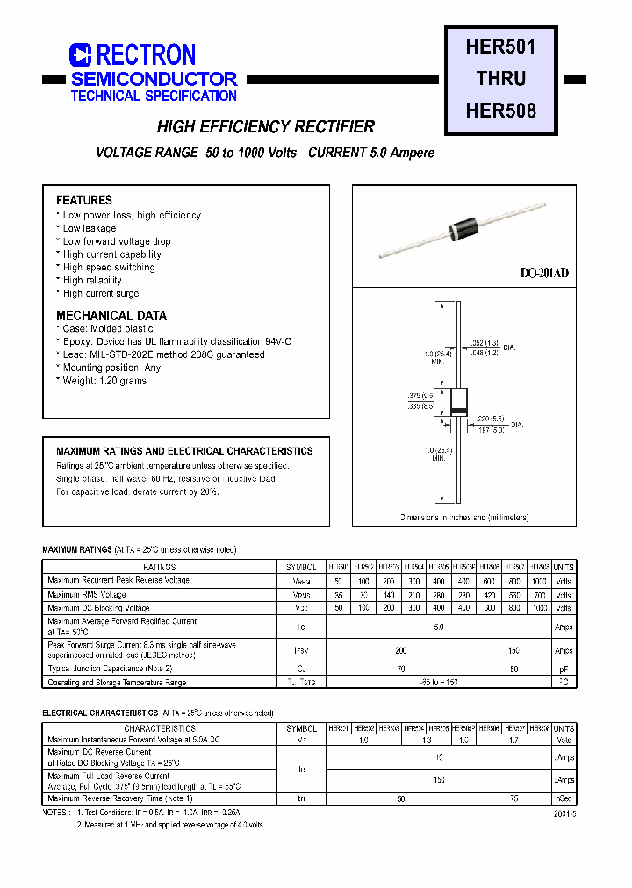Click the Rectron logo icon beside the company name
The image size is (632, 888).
(x=80, y=55)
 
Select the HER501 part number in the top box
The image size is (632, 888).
(x=500, y=47)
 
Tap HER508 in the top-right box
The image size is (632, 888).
(x=500, y=111)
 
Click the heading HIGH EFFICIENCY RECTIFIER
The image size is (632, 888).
(x=265, y=127)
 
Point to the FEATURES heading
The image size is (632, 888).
(x=84, y=200)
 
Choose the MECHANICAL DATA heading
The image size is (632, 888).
(x=111, y=315)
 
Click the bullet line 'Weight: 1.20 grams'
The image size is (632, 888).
(x=104, y=381)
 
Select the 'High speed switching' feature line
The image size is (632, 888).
(x=108, y=268)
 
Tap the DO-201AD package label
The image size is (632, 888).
(x=544, y=273)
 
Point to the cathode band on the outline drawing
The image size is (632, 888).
(x=458, y=412)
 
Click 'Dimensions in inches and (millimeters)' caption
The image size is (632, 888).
(x=464, y=518)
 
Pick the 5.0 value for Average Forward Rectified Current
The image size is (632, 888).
(x=438, y=627)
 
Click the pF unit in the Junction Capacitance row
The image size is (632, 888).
(x=564, y=669)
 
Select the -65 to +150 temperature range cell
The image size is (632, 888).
(x=438, y=682)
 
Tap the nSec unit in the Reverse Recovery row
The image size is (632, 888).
(x=564, y=798)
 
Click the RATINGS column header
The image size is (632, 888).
(x=159, y=568)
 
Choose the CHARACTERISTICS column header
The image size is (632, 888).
(x=159, y=728)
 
